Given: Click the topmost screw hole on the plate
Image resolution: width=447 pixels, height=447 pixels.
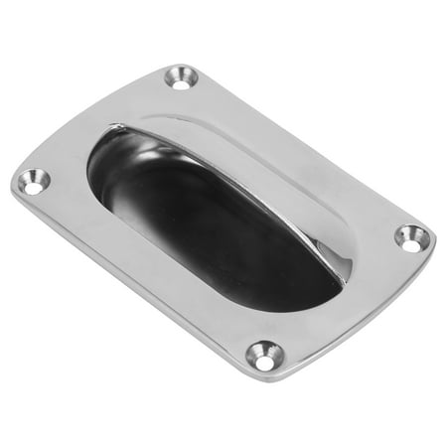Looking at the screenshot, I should coord(181,76).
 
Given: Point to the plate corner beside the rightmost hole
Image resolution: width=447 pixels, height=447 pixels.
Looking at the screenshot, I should coord(429,238).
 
